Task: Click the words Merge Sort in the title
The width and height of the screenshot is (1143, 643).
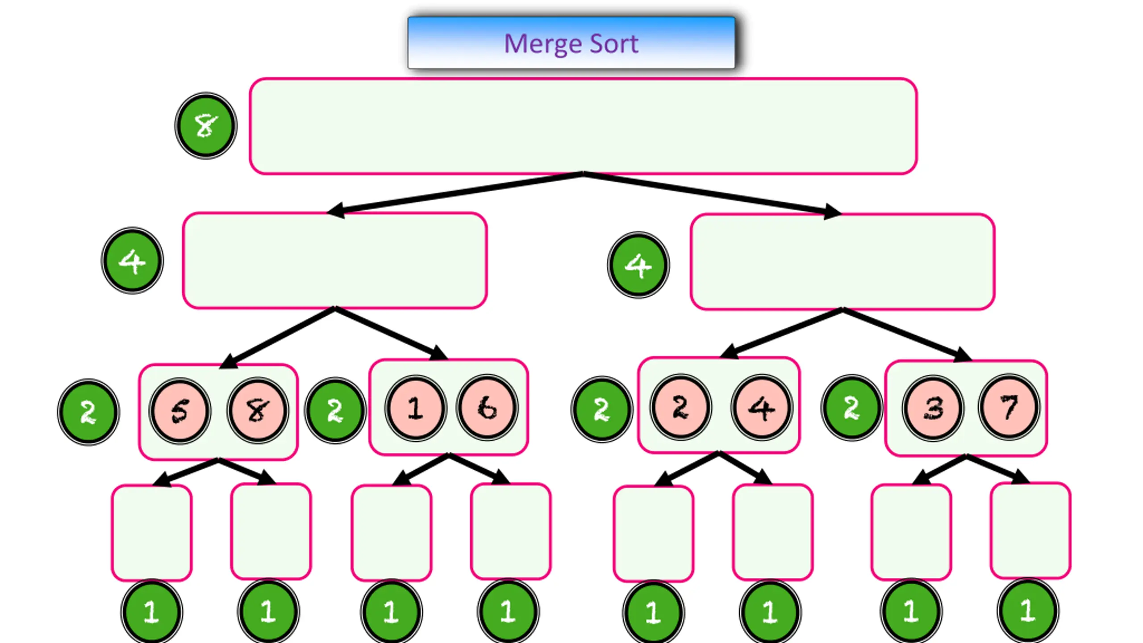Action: tap(571, 44)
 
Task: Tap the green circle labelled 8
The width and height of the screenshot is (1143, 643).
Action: tap(206, 125)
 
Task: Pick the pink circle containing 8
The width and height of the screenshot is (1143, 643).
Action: tap(258, 410)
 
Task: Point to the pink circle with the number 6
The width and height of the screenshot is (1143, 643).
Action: tap(487, 407)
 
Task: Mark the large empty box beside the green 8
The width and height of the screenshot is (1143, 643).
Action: tap(583, 126)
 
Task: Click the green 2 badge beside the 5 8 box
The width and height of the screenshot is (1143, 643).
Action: tap(88, 412)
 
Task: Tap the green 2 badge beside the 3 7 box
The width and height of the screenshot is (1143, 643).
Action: tap(851, 407)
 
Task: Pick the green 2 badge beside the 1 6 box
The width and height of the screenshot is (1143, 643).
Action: tap(335, 410)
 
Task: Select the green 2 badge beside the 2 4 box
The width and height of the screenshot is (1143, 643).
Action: tap(602, 409)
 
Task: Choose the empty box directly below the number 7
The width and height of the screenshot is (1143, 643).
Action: tap(1030, 530)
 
